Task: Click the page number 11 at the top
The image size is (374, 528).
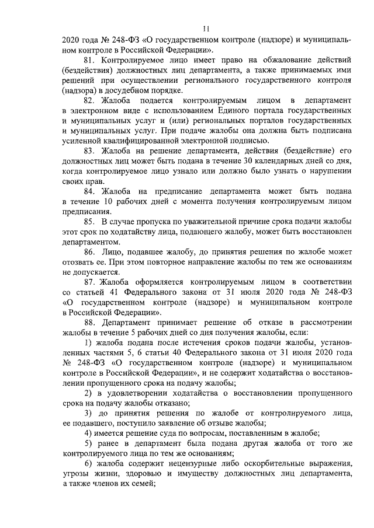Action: click(x=206, y=29)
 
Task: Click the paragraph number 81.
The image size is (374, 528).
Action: click(x=90, y=60)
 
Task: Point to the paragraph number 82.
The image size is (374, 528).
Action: click(x=90, y=100)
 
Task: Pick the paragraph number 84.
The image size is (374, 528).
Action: click(x=90, y=191)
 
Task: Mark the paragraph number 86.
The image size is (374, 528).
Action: click(x=90, y=252)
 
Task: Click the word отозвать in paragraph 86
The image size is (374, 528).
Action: click(x=79, y=262)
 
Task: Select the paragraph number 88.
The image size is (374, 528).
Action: click(x=90, y=323)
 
